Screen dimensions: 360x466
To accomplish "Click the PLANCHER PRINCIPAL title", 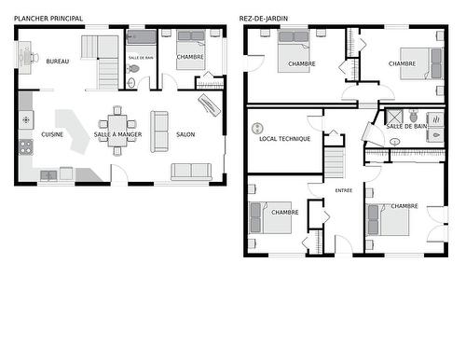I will click(x=48, y=18).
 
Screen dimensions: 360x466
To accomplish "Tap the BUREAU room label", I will click(x=58, y=62).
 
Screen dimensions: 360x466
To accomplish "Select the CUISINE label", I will click(x=52, y=134).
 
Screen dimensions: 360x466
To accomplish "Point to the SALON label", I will click(x=185, y=134).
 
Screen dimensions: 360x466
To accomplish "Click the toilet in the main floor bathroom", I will click(x=132, y=83).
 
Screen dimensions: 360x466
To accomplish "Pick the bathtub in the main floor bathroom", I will click(x=143, y=38).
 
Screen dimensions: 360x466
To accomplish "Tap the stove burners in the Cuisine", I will click(x=25, y=120).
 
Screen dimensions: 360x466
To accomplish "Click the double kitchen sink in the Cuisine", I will click(x=48, y=173).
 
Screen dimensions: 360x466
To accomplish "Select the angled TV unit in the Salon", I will click(x=210, y=103).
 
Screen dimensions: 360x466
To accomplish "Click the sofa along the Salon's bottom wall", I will click(x=191, y=171).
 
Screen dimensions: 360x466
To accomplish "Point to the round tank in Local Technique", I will click(x=258, y=127).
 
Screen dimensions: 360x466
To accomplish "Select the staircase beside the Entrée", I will click(x=335, y=164).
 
